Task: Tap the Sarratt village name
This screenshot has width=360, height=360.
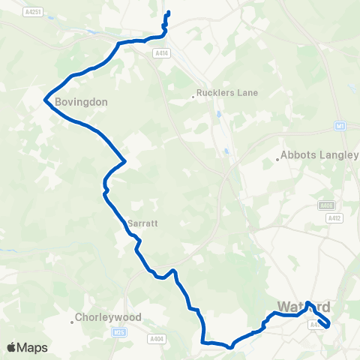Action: tap(141, 223)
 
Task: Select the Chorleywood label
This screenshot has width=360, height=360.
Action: tap(109, 316)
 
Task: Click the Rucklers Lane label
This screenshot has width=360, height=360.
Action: tap(226, 93)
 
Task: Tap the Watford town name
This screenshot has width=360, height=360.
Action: tap(304, 307)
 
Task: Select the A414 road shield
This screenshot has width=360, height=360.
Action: tap(160, 53)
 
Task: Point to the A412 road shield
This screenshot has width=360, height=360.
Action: tap(335, 217)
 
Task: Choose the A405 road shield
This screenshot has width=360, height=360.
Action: tap(325, 204)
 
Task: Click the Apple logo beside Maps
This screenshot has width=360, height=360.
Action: tap(12, 347)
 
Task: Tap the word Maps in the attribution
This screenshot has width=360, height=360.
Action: tap(33, 347)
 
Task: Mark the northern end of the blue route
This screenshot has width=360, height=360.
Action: tap(168, 13)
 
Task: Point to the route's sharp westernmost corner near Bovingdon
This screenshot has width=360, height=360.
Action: tap(46, 98)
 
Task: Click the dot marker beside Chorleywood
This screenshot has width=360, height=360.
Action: tap(73, 322)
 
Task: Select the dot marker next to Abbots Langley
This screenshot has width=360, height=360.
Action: tap(277, 159)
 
